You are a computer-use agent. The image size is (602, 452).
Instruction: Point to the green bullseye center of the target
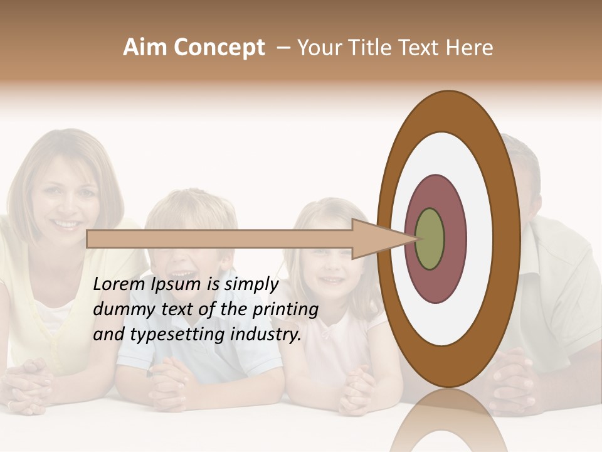pyautogui.click(x=430, y=239)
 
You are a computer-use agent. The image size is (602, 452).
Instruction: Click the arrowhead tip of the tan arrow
pyautogui.click(x=416, y=239)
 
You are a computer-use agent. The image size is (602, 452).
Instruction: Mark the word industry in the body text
pyautogui.click(x=265, y=335)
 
